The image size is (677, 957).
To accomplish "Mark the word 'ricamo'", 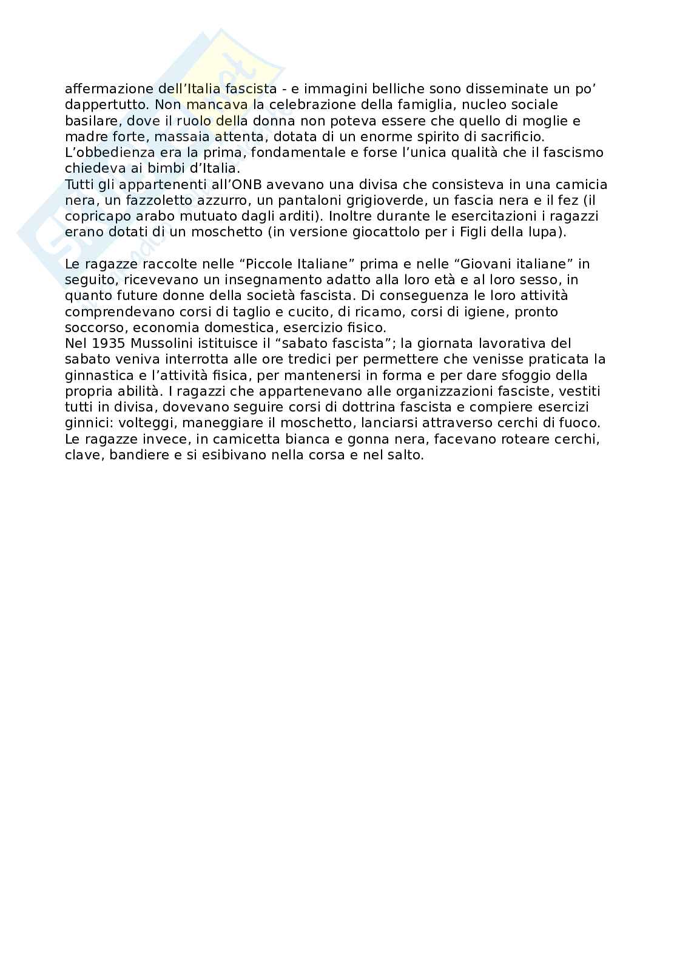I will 382,312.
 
